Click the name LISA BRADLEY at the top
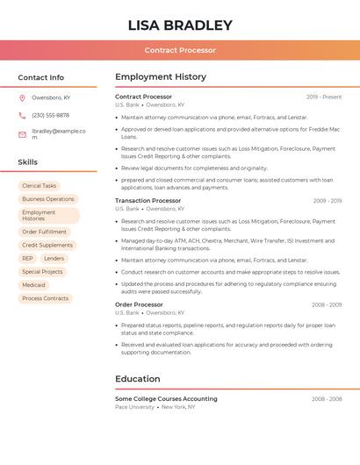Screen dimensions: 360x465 point(180,25)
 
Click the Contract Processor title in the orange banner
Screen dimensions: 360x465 point(180,50)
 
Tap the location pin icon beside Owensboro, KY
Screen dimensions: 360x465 point(22,97)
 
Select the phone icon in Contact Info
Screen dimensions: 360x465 point(22,115)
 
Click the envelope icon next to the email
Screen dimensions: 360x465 point(22,134)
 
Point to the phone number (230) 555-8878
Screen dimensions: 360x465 point(50,115)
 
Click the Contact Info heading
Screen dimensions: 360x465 point(40,77)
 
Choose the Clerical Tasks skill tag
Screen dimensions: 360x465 point(39,186)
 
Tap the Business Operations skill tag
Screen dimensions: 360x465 point(48,199)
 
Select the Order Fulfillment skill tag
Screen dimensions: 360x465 point(44,232)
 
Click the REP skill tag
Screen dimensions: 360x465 point(27,259)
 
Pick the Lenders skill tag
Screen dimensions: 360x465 point(54,259)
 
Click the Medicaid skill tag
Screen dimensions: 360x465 point(33,285)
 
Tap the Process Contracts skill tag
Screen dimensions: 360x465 point(45,298)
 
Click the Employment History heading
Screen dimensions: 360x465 point(160,77)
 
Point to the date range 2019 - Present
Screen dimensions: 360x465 point(324,97)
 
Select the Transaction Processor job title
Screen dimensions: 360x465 point(148,201)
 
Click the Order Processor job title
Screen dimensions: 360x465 point(139,304)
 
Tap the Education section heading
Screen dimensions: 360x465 point(137,379)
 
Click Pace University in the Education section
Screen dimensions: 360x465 point(134,407)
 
